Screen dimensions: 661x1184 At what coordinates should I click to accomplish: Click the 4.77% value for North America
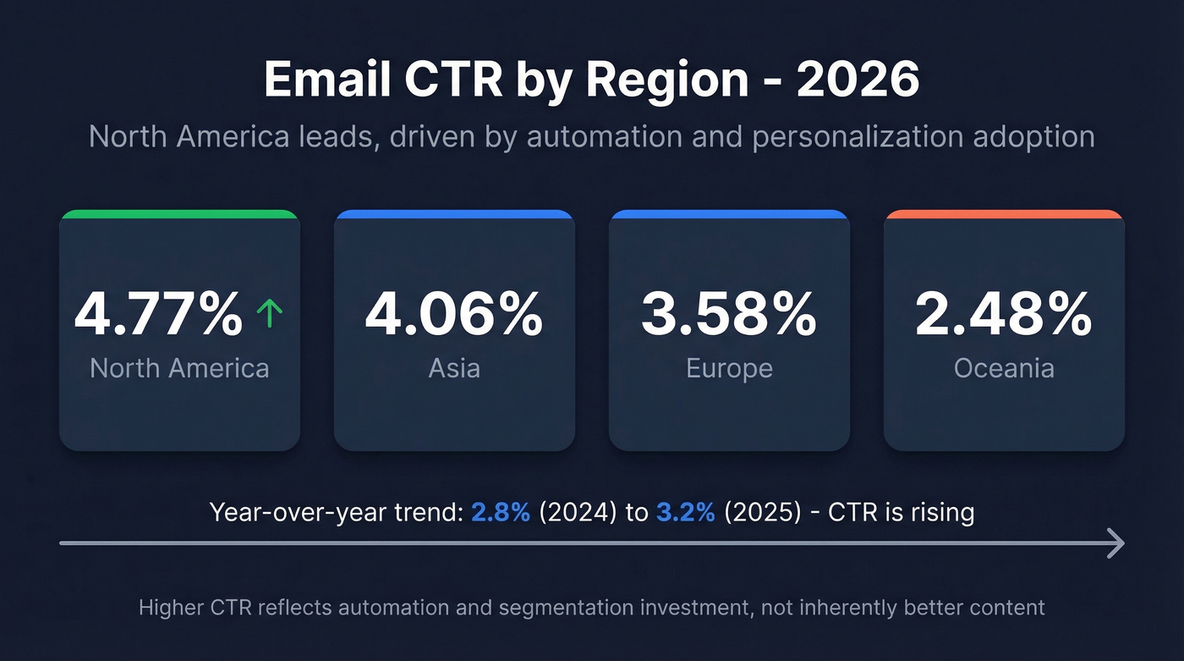(x=158, y=314)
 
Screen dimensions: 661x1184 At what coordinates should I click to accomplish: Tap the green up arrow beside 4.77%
(x=269, y=315)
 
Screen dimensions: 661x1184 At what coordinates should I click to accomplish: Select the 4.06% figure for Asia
(x=454, y=314)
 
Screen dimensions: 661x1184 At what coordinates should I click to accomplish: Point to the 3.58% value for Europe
(x=729, y=314)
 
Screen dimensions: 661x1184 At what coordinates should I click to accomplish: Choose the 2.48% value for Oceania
(x=1004, y=314)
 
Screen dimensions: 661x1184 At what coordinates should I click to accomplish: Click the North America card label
(x=179, y=368)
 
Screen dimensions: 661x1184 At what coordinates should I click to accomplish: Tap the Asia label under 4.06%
(x=454, y=368)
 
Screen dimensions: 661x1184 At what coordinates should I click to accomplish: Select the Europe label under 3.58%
(x=729, y=368)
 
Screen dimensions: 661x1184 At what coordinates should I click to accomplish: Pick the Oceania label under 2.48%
(x=1004, y=368)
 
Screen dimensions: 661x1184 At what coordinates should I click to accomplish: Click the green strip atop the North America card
(x=179, y=214)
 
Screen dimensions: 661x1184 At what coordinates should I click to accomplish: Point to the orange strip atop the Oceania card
(x=1004, y=214)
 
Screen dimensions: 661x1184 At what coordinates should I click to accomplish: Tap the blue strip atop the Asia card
(x=454, y=214)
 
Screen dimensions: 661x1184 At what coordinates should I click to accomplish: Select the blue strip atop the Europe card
(x=729, y=214)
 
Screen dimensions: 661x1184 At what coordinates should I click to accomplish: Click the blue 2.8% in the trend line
(x=501, y=513)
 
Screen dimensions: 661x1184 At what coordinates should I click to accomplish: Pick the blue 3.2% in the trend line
(x=685, y=513)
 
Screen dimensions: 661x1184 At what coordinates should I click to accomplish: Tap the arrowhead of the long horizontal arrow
(x=1117, y=543)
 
